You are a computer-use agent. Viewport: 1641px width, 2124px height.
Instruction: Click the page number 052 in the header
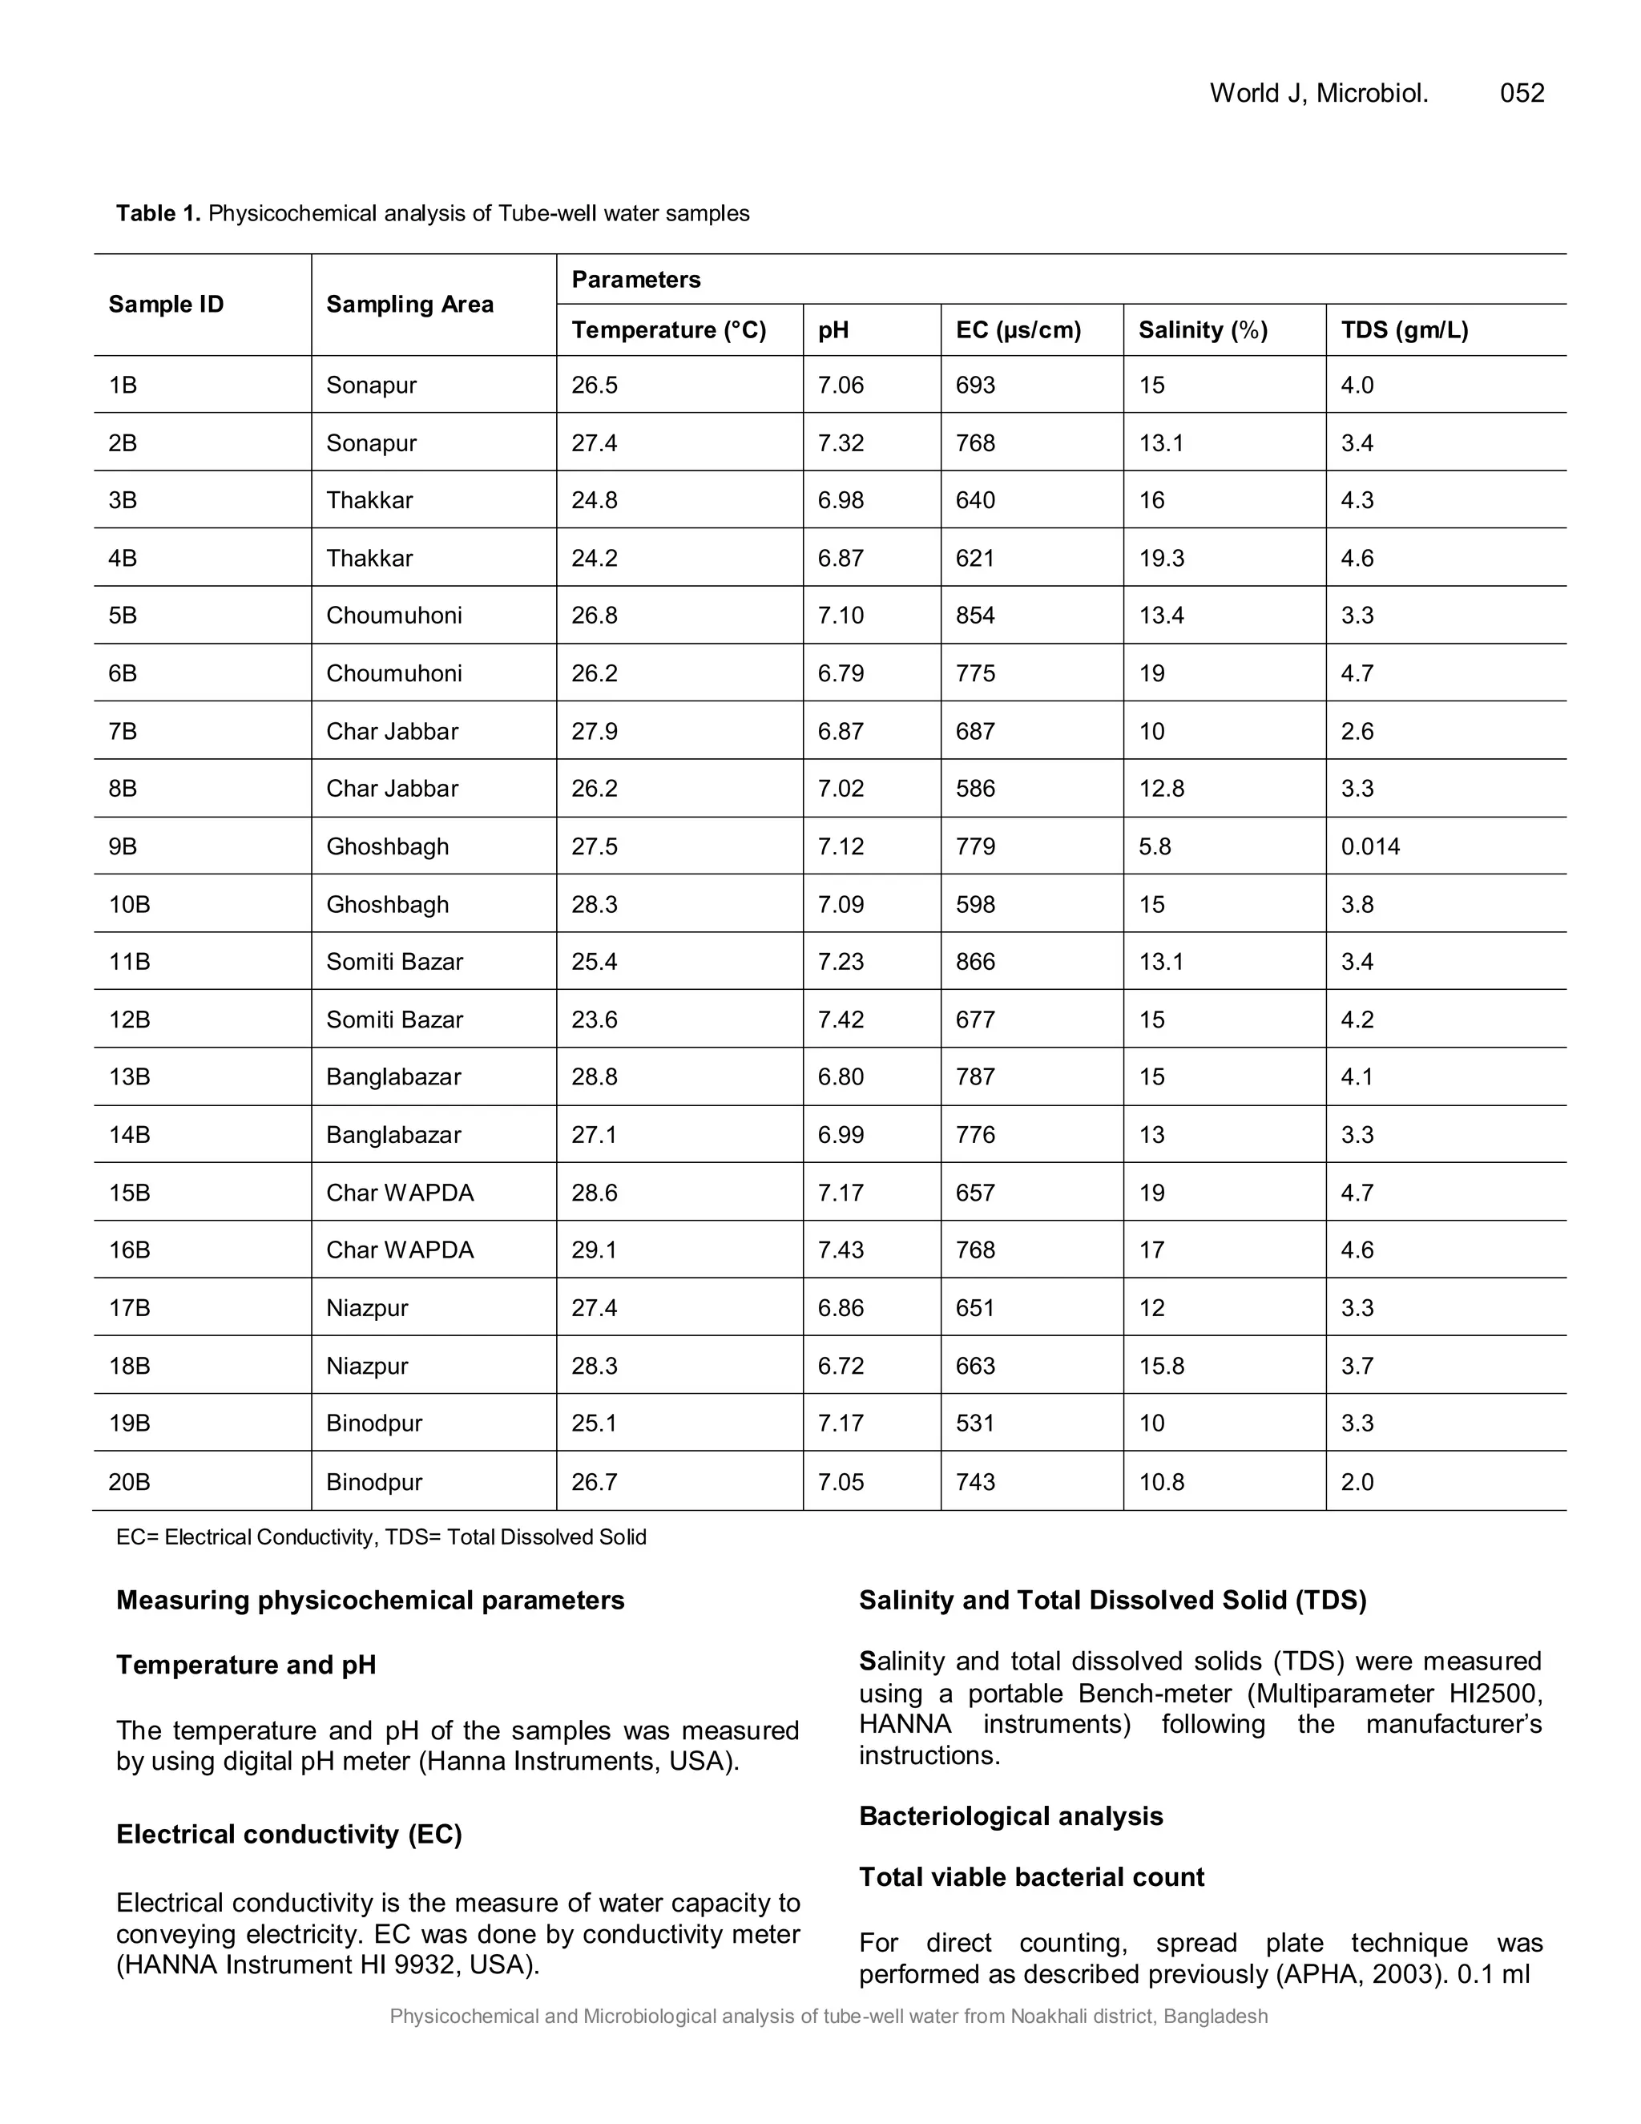1522,93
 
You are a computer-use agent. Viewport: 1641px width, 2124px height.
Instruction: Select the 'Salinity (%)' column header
1203,331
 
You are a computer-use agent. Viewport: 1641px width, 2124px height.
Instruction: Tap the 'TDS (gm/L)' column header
1404,331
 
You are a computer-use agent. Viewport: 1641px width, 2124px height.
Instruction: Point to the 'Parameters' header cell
635,280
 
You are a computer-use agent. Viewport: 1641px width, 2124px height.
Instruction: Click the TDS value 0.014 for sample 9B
1369,847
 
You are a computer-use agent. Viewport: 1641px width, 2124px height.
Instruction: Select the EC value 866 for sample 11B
975,962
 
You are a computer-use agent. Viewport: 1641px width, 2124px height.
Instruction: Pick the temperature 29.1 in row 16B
594,1250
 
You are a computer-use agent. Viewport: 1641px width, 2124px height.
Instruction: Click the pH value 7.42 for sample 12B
840,1020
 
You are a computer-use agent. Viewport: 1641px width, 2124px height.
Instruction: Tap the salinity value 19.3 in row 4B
1161,558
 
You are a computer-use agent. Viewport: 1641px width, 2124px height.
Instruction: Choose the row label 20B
129,1482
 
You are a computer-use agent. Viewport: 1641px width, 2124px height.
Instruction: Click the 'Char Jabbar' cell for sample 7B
392,731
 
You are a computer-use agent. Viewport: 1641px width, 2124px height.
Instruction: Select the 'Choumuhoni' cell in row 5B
393,616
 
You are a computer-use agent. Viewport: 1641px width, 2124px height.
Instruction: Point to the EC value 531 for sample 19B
975,1423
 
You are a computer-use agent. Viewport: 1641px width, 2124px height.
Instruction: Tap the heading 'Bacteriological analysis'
1010,1817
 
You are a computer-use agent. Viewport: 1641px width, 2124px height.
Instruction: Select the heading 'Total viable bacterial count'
1030,1877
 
